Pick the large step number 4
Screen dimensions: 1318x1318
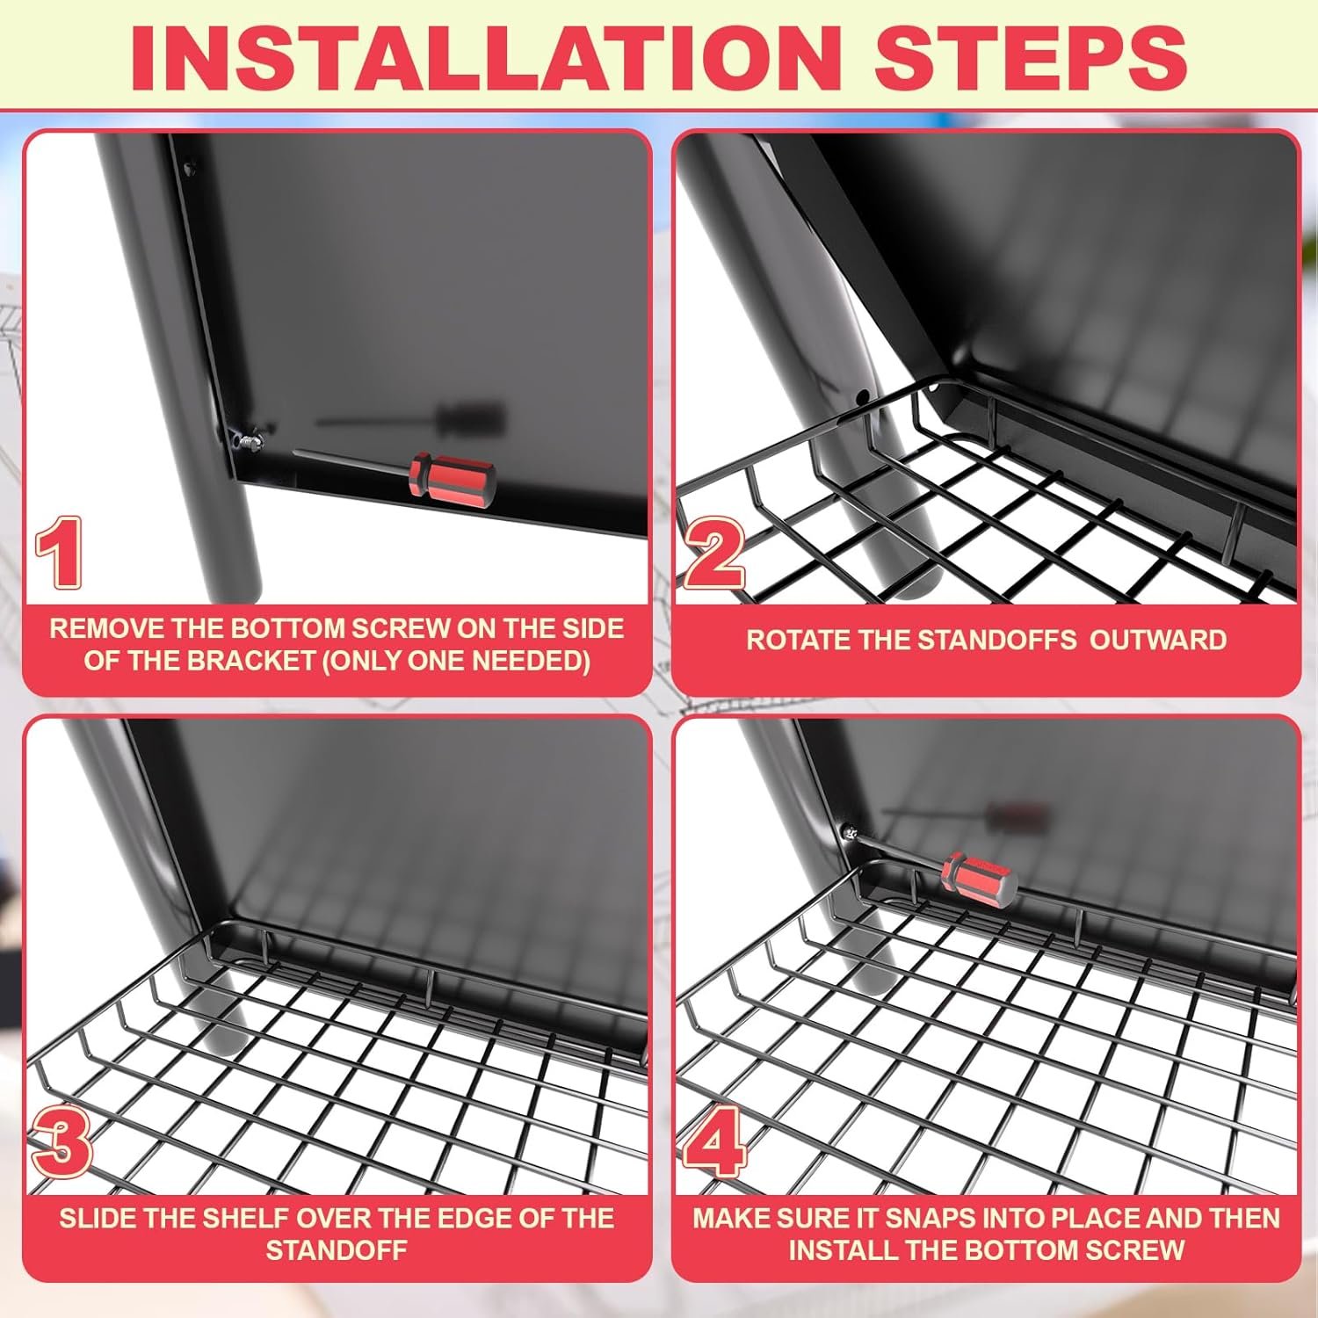point(713,1141)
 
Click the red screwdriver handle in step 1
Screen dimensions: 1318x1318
point(452,475)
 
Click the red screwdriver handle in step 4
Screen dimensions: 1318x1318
point(980,880)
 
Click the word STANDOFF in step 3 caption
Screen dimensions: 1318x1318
point(337,1250)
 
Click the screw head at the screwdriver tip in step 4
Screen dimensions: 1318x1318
point(850,830)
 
